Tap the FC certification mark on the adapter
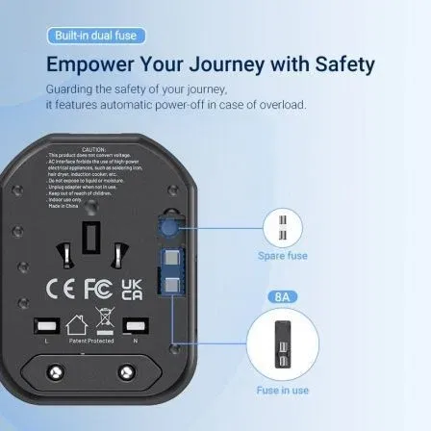click(99, 291)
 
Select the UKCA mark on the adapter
click(134, 291)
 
